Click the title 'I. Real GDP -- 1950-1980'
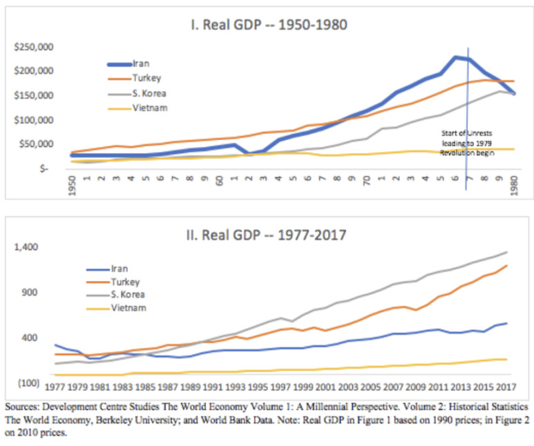(268, 25)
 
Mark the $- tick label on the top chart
(43, 168)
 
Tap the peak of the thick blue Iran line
(456, 57)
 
